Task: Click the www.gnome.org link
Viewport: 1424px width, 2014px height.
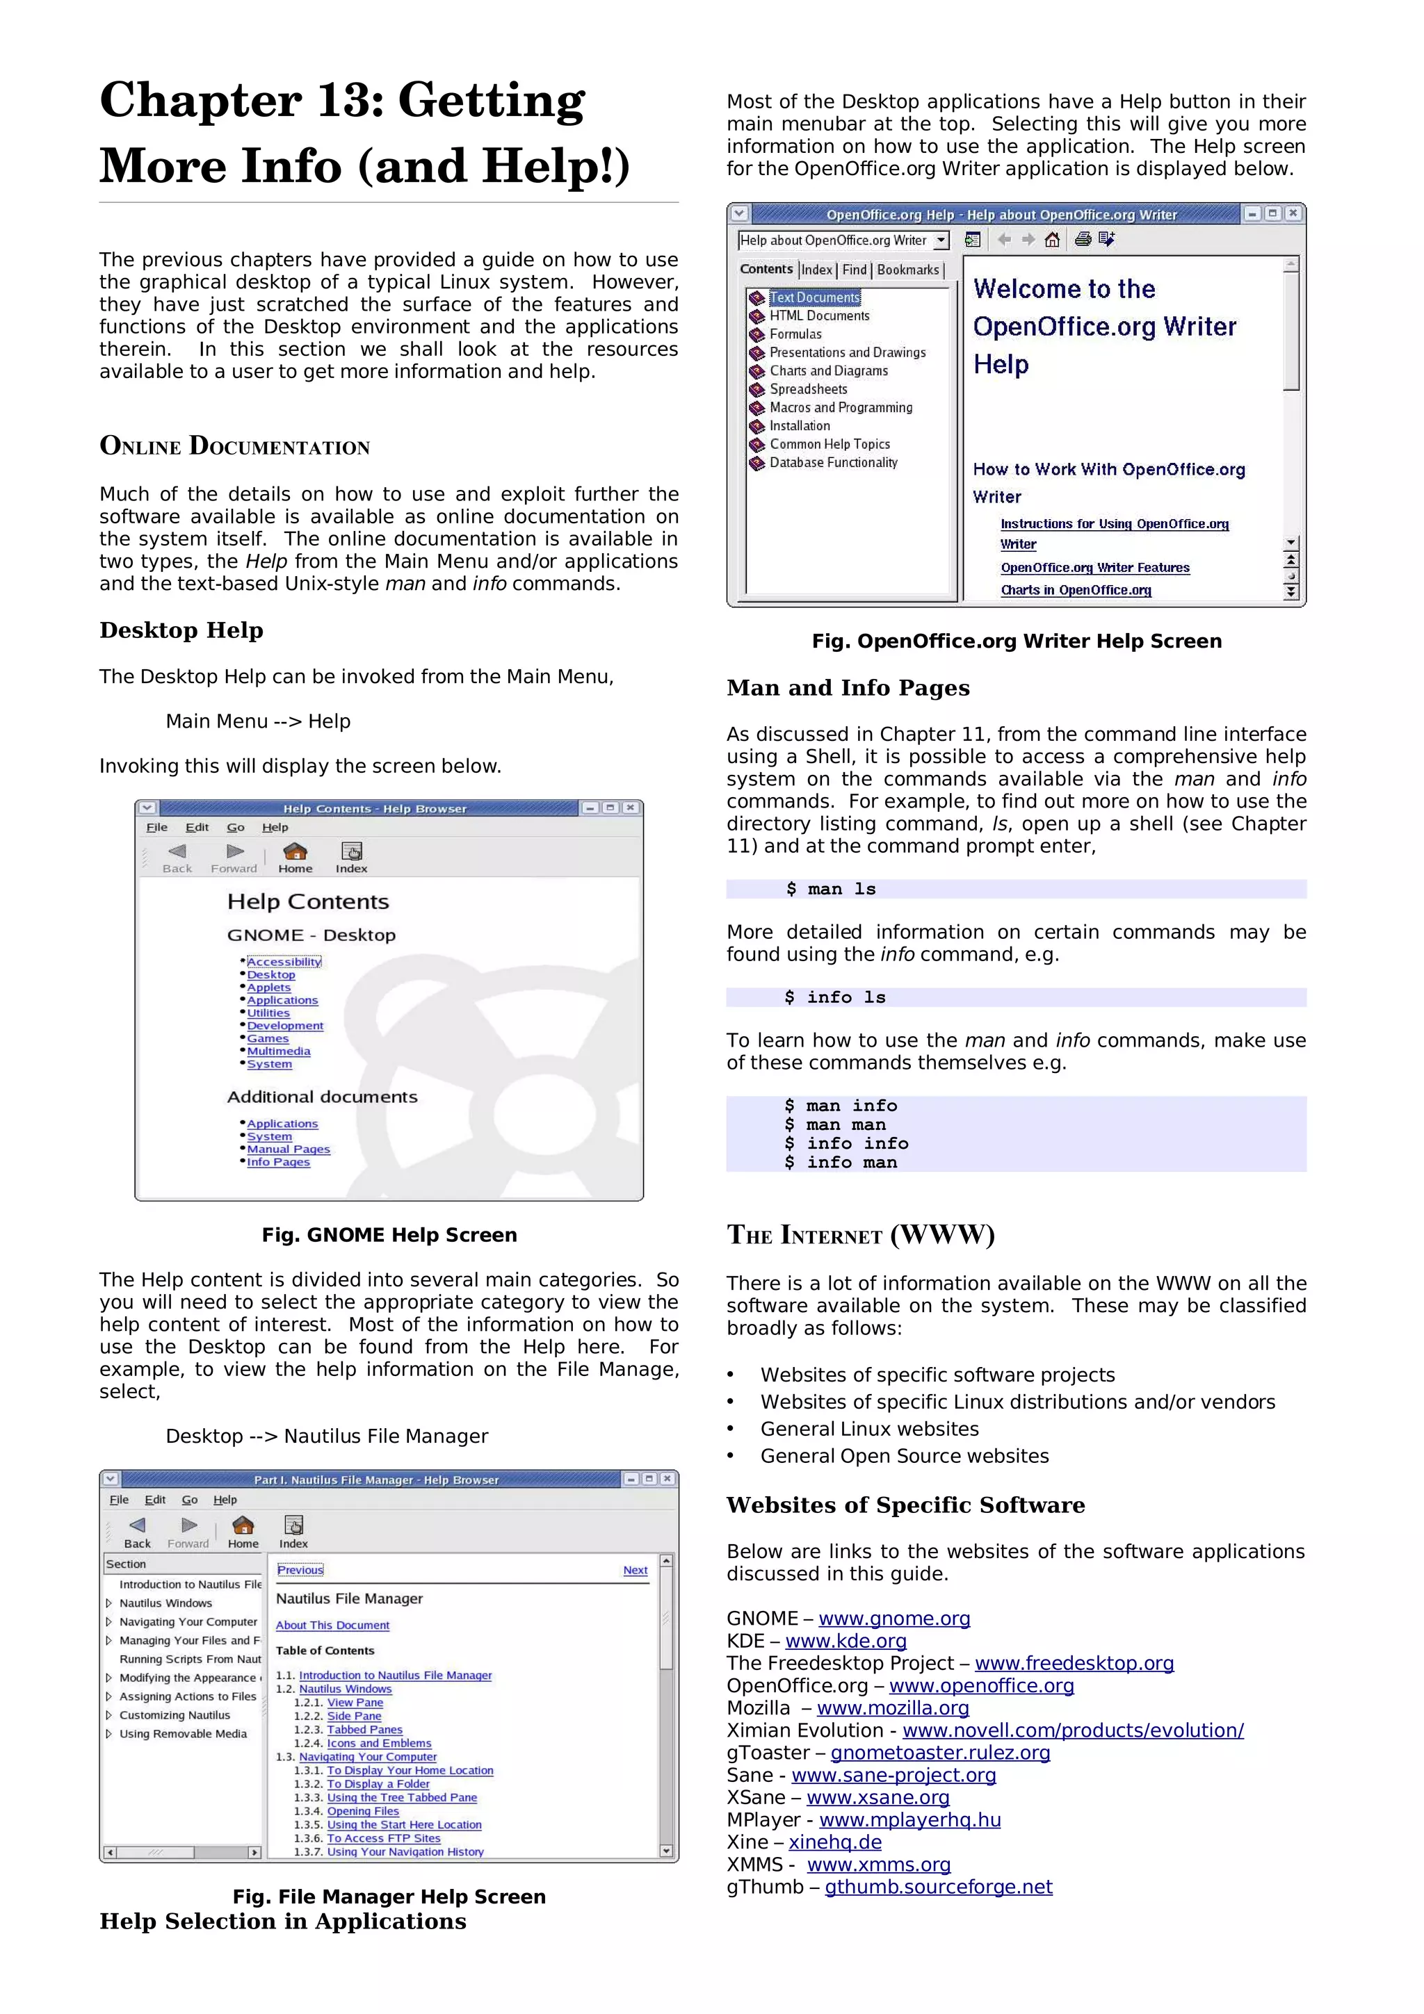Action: coord(893,1619)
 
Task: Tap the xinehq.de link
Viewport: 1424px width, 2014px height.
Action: coord(834,1842)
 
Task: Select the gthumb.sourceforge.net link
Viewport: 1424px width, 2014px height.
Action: coord(938,1887)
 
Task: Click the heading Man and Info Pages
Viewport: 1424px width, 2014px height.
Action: coord(848,688)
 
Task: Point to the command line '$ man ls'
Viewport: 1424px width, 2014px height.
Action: coord(830,890)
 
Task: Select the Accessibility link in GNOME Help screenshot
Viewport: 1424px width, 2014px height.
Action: coord(284,961)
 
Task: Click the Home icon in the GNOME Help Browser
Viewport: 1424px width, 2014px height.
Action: coord(295,856)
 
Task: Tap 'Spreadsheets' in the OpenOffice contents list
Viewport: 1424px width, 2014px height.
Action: coord(808,389)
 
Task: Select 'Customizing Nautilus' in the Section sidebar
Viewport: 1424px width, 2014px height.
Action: coord(175,1715)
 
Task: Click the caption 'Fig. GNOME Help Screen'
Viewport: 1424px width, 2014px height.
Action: coord(389,1235)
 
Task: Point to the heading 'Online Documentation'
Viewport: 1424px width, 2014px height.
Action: coord(234,446)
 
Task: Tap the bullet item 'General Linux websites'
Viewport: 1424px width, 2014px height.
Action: coord(868,1429)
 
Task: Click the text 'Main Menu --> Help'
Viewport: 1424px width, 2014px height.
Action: coord(258,721)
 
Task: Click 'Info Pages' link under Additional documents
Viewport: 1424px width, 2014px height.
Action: coord(278,1161)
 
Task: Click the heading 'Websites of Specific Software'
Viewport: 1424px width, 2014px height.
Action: coord(905,1505)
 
